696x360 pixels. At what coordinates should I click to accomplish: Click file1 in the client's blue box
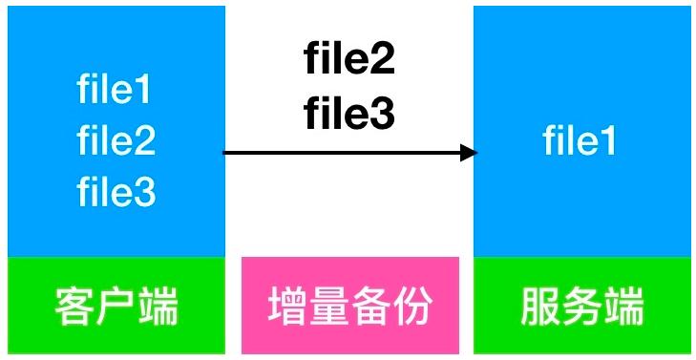(115, 89)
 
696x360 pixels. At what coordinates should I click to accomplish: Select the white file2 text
(116, 139)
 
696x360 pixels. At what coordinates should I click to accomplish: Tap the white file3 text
(116, 192)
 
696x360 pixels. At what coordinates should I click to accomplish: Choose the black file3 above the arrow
(349, 114)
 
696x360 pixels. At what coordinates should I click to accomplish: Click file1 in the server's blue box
(580, 139)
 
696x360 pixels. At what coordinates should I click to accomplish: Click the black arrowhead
(469, 153)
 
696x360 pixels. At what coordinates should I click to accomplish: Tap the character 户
(116, 307)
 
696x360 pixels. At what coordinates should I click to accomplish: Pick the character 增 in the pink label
(285, 306)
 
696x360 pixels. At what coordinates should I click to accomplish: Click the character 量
(327, 306)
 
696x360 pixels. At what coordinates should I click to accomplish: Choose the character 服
(538, 307)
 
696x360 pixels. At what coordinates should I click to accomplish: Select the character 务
(582, 307)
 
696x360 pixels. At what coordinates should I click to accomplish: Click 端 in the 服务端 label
(625, 307)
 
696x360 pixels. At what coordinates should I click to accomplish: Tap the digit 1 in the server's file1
(608, 139)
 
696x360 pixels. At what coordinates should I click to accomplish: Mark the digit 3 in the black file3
(384, 114)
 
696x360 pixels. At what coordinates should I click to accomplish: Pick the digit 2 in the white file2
(145, 139)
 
